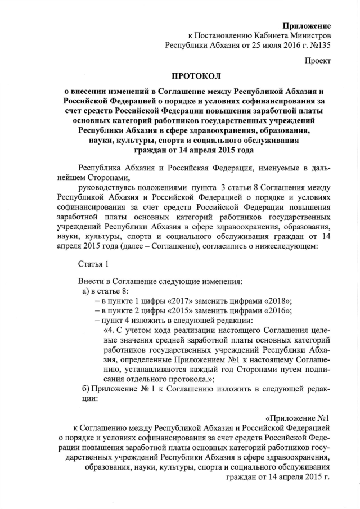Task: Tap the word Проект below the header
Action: [318, 60]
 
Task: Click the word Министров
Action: [309, 35]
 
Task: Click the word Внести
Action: [91, 281]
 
